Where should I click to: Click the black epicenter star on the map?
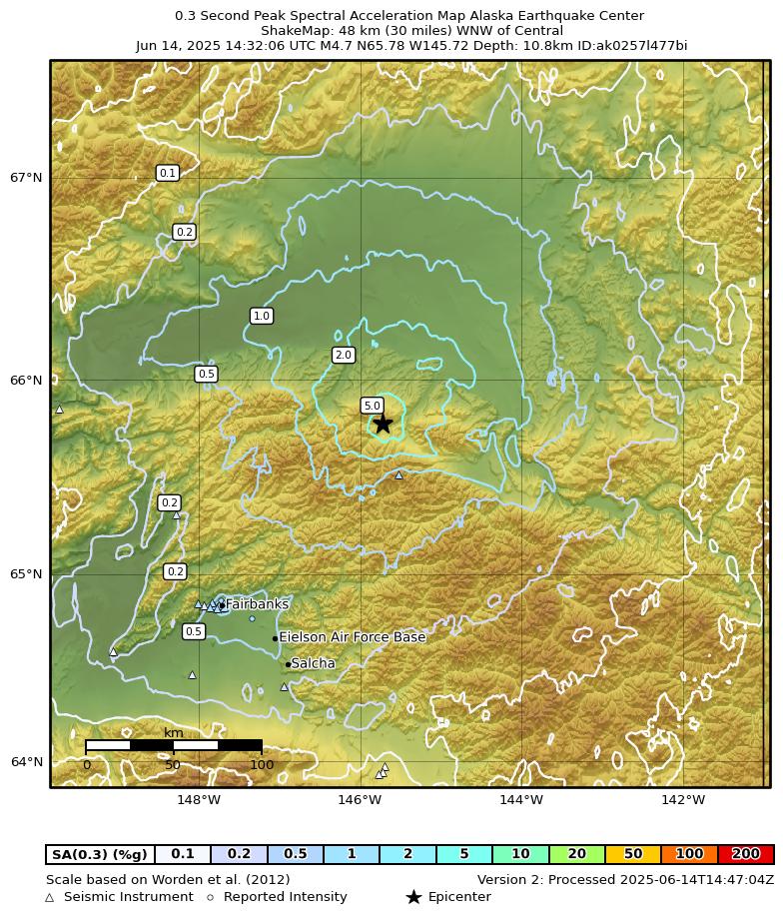click(383, 423)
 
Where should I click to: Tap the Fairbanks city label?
click(257, 604)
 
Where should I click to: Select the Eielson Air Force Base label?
click(352, 637)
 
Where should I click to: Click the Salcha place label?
click(313, 663)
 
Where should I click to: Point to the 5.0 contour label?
click(372, 406)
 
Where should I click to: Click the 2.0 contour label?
click(344, 355)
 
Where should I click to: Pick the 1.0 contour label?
click(262, 316)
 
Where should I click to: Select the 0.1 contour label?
click(168, 173)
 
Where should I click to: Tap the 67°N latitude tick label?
click(26, 178)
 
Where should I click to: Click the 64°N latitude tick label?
click(26, 762)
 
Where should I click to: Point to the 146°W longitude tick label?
click(360, 799)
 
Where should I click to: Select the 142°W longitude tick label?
click(683, 799)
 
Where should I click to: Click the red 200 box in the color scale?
click(745, 854)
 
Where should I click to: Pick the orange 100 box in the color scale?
click(689, 854)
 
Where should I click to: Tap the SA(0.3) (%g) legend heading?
click(100, 854)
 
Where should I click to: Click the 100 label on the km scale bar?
click(262, 765)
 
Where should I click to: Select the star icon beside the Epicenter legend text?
click(413, 897)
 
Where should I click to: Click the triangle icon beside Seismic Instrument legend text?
click(50, 898)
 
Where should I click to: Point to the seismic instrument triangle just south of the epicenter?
click(398, 474)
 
